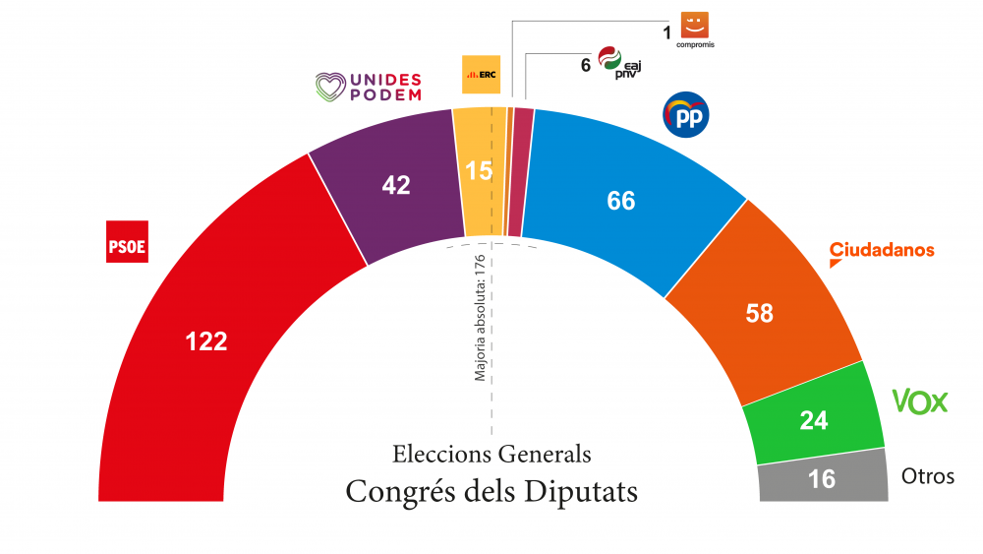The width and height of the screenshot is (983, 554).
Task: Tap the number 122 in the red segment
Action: coord(206,341)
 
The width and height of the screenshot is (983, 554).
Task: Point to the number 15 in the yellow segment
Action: coord(479,171)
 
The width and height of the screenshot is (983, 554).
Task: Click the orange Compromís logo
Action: coord(695,27)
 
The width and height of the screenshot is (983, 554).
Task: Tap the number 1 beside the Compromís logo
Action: coord(667,32)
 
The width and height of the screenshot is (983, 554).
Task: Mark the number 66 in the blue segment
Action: coord(621,201)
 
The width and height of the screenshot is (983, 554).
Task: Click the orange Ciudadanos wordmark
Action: coord(882,250)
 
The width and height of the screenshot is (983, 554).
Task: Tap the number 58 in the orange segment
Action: coord(760,314)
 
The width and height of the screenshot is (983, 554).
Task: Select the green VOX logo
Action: coord(919,400)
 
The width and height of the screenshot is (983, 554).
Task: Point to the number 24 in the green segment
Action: coord(814,421)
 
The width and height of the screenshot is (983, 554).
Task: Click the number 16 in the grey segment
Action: coord(822,479)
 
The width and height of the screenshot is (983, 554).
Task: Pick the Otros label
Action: coord(928,477)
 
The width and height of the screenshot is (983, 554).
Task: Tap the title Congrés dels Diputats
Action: coord(491,491)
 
